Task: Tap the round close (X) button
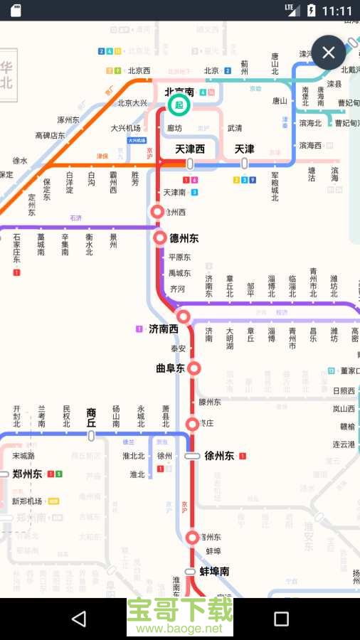(x=328, y=53)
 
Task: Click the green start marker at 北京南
(x=179, y=105)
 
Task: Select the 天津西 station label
(x=190, y=149)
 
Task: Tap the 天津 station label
(x=244, y=149)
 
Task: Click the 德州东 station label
(x=184, y=238)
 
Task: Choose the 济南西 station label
(x=164, y=329)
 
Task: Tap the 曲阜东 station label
(x=170, y=368)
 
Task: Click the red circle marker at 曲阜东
(x=193, y=368)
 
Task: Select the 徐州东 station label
(x=219, y=456)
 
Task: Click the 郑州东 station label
(x=27, y=474)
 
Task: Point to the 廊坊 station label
(x=175, y=129)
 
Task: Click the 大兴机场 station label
(x=125, y=129)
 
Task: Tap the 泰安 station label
(x=178, y=349)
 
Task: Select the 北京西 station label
(x=139, y=70)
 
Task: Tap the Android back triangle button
(x=78, y=619)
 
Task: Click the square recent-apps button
(x=281, y=619)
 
